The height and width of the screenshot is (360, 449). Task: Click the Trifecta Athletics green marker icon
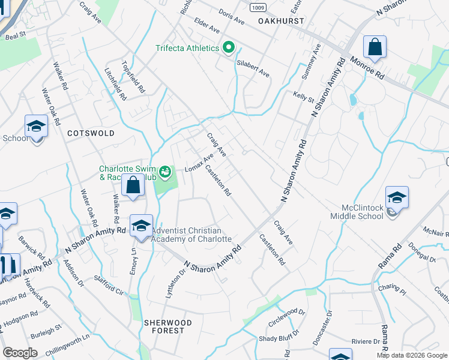point(228,48)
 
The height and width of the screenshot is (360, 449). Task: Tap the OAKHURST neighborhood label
point(282,21)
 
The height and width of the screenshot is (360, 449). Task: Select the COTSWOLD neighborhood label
point(91,133)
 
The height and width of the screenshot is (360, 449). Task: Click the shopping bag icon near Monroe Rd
point(375,47)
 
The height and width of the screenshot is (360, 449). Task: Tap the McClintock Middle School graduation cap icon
point(397,197)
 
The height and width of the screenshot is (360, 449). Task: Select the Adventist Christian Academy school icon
point(141,226)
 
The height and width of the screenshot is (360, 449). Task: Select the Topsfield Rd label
point(133,77)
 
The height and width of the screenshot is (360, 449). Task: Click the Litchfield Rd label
point(115,84)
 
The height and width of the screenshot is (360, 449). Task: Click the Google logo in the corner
point(20,353)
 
